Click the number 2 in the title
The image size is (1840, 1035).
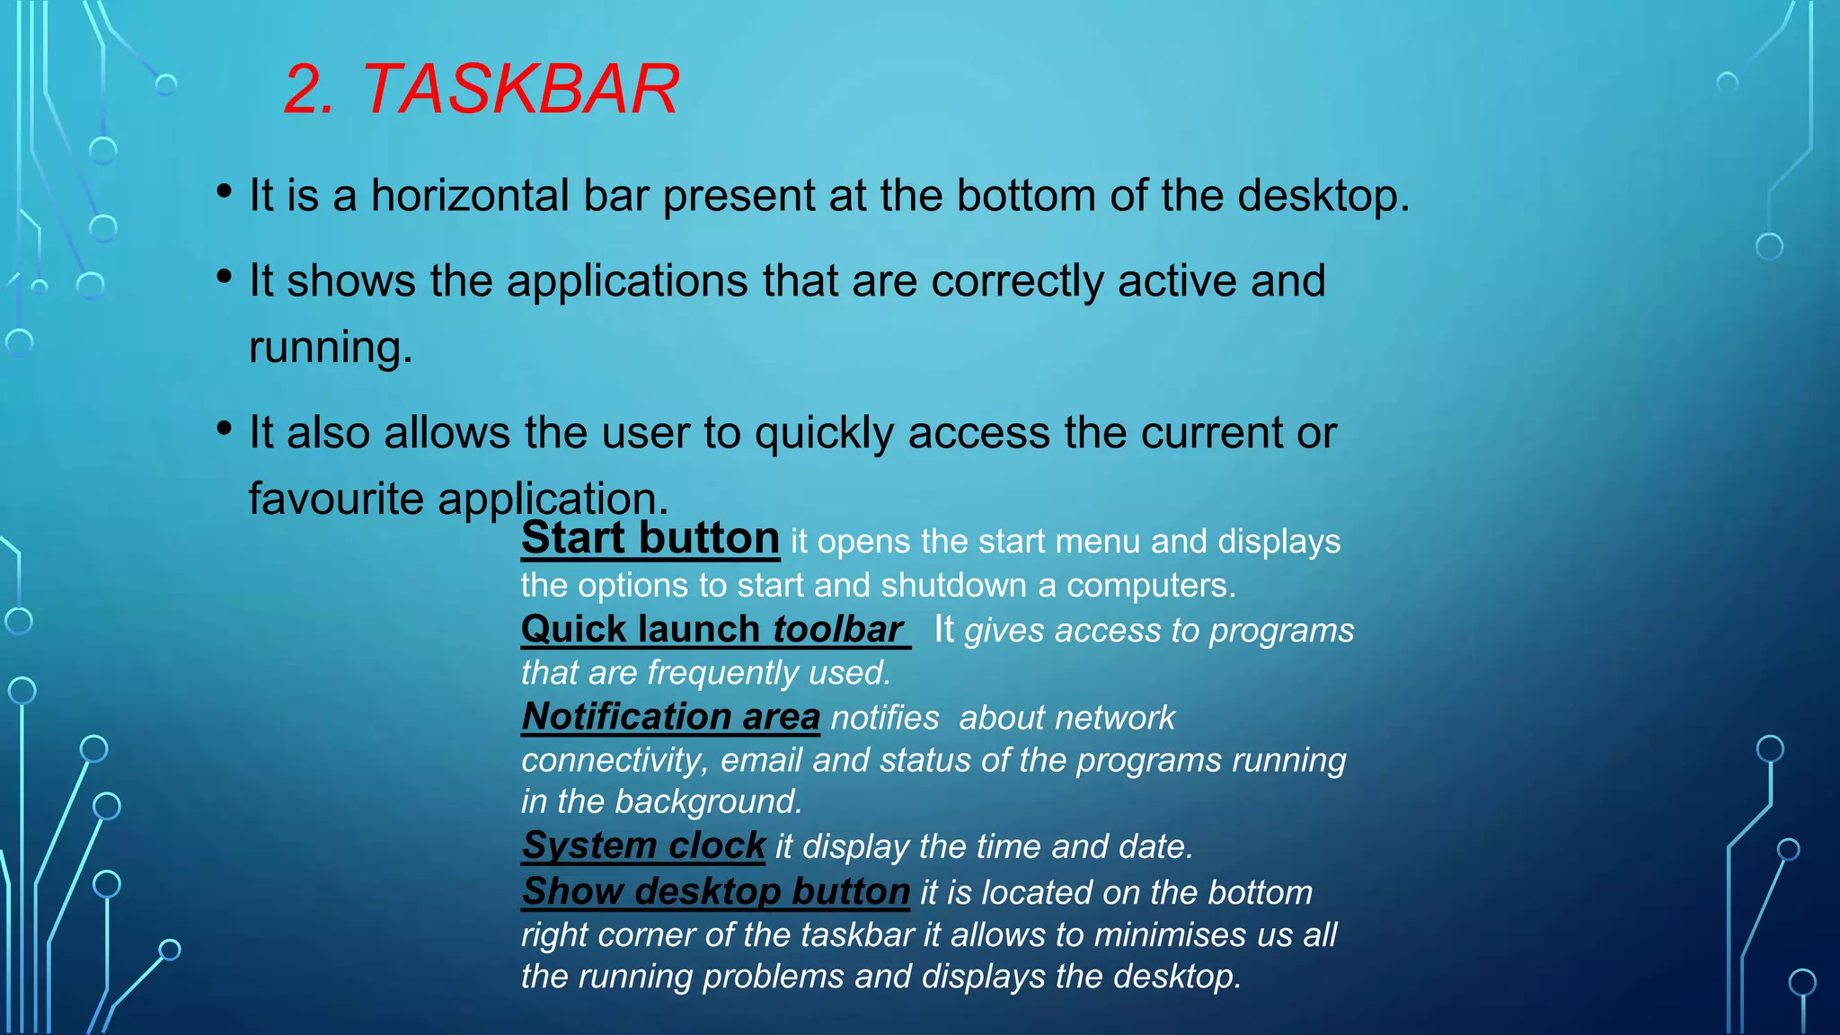coord(307,90)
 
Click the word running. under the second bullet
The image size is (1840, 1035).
coord(330,348)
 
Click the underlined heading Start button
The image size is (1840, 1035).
coord(650,539)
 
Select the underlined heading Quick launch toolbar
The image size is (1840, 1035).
coord(713,629)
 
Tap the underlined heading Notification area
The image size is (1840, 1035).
coord(670,717)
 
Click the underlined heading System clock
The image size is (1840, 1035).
coord(643,845)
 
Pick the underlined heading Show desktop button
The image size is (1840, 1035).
coord(716,891)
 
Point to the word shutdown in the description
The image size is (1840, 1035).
coord(953,586)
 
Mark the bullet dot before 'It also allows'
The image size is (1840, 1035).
coord(225,429)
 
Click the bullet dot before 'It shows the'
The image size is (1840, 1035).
coord(225,277)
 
